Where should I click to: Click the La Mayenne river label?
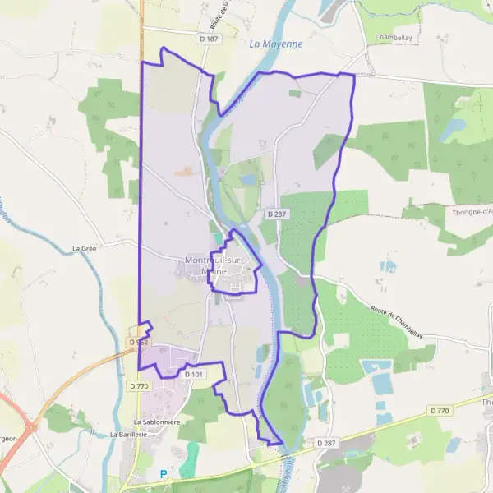[x=276, y=44]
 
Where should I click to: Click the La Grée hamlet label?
[x=85, y=248]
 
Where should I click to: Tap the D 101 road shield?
[x=193, y=374]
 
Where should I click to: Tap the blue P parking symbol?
[x=163, y=473]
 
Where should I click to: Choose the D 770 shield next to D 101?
[x=140, y=385]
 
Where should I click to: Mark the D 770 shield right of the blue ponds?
[x=440, y=410]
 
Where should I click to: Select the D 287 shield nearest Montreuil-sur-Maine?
[x=275, y=213]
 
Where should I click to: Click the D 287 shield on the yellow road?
[x=327, y=443]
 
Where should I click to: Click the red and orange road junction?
[x=30, y=426]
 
